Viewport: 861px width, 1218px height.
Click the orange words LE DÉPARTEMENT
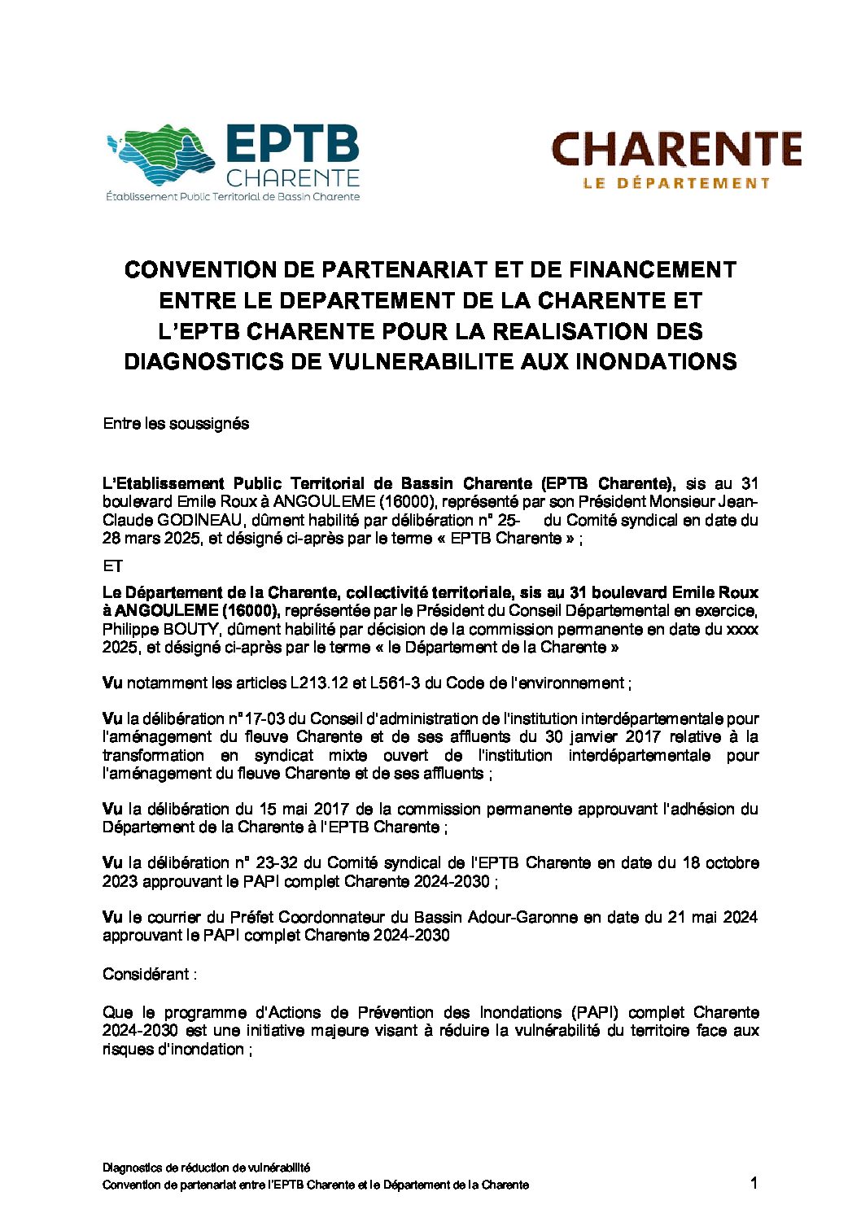tap(676, 183)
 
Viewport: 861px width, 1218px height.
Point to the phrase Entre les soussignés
tap(176, 424)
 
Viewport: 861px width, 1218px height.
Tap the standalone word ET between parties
tap(111, 566)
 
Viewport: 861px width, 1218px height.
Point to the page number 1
tap(754, 1183)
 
